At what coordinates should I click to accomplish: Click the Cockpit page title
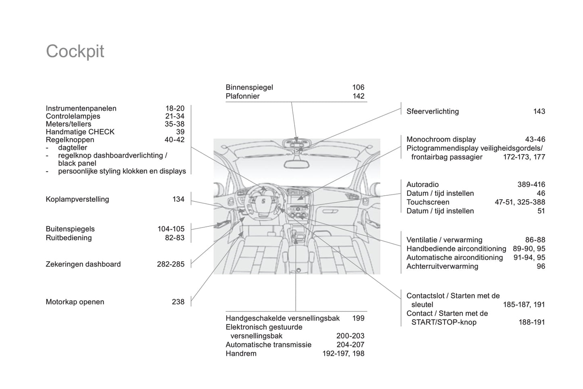click(x=75, y=52)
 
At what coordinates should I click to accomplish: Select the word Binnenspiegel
click(x=249, y=87)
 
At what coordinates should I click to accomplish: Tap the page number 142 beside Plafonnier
click(x=358, y=96)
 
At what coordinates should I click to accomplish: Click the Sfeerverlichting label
click(x=433, y=111)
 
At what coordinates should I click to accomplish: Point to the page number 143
click(x=539, y=111)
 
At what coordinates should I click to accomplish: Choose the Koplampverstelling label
click(x=77, y=199)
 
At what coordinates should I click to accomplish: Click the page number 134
click(x=178, y=199)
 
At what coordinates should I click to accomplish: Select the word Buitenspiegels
click(x=70, y=229)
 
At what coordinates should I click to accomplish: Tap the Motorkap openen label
click(x=75, y=302)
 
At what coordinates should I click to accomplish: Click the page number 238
click(x=178, y=302)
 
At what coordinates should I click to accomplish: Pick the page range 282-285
click(x=171, y=264)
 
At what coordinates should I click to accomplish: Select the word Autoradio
click(x=422, y=184)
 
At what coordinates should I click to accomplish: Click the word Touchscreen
click(x=428, y=202)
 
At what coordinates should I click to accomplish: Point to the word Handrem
click(x=241, y=353)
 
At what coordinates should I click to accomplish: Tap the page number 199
click(x=358, y=318)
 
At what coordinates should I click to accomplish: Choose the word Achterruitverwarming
click(x=442, y=266)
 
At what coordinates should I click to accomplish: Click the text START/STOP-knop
click(x=444, y=322)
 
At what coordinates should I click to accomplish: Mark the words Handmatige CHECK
click(x=80, y=132)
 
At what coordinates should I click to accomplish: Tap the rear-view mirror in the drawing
click(x=297, y=164)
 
